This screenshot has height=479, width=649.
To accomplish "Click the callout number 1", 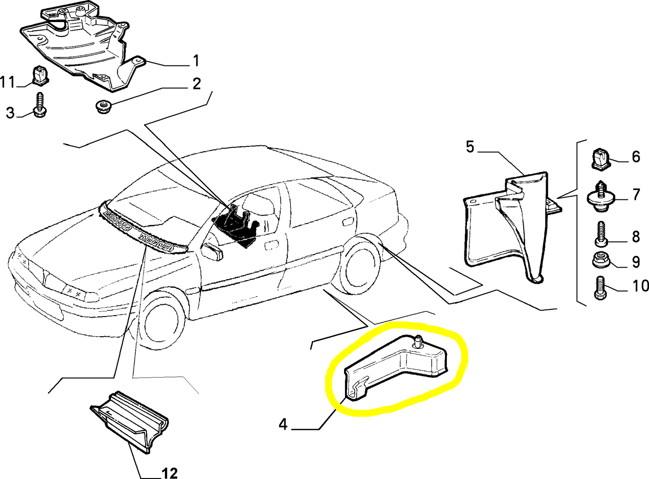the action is (x=196, y=61).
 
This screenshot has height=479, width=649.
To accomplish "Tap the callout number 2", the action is (x=196, y=83).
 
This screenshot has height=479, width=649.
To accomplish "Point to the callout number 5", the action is (x=470, y=147).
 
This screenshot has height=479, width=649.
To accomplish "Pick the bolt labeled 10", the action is (x=600, y=288).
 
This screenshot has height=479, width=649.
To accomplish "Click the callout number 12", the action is (x=169, y=473).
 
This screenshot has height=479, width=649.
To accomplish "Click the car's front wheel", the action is (x=163, y=320).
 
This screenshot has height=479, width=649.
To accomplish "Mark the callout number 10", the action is (x=640, y=286).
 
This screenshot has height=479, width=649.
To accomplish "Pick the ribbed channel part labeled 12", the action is (x=130, y=422).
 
